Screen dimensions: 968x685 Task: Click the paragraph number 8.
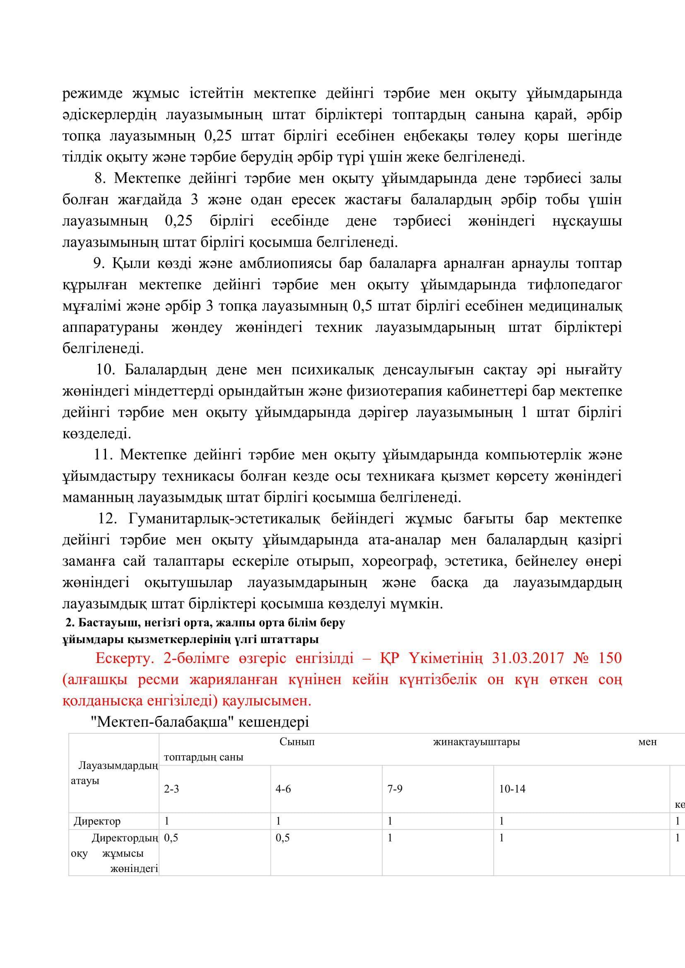[x=99, y=178]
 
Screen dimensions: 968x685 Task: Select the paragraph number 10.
[x=105, y=370]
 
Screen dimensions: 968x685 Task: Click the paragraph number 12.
[x=107, y=519]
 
